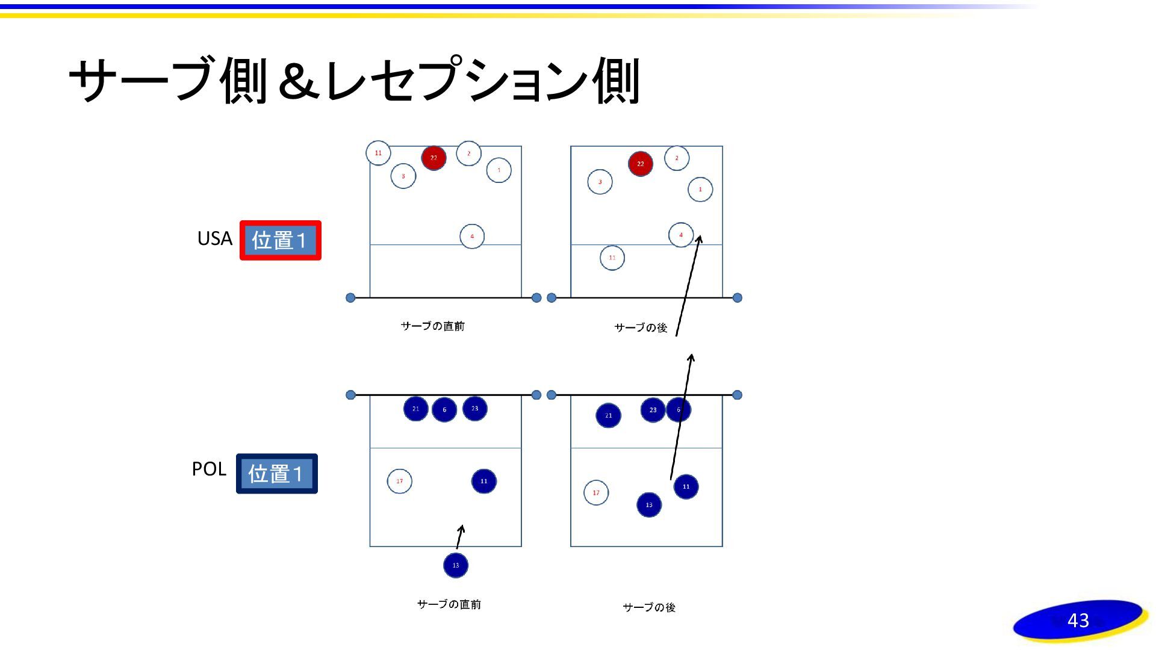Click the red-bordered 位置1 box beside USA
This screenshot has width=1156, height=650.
click(x=280, y=240)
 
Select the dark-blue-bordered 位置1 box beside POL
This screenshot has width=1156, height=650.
click(x=276, y=474)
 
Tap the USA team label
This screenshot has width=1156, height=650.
click(x=214, y=238)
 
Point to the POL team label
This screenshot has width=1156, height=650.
click(x=208, y=469)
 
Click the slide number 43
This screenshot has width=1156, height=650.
click(x=1078, y=620)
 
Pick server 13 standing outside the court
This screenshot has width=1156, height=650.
click(x=456, y=565)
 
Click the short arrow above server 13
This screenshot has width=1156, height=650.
click(x=460, y=536)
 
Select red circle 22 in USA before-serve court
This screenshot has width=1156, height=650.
click(x=433, y=158)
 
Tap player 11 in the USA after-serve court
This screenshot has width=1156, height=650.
click(x=612, y=258)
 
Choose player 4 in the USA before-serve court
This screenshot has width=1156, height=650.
click(x=472, y=236)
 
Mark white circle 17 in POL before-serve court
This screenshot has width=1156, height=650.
click(x=399, y=481)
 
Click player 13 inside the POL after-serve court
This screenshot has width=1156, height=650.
click(x=649, y=505)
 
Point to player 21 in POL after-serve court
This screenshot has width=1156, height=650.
click(x=608, y=415)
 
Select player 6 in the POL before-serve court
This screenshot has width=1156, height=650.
click(x=444, y=410)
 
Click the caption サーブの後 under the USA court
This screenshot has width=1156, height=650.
click(x=641, y=327)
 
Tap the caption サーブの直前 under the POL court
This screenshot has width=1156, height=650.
click(x=449, y=604)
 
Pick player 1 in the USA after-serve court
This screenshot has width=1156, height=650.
click(x=700, y=189)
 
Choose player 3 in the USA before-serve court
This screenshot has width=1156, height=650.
click(x=403, y=176)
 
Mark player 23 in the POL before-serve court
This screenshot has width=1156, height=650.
click(x=474, y=409)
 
